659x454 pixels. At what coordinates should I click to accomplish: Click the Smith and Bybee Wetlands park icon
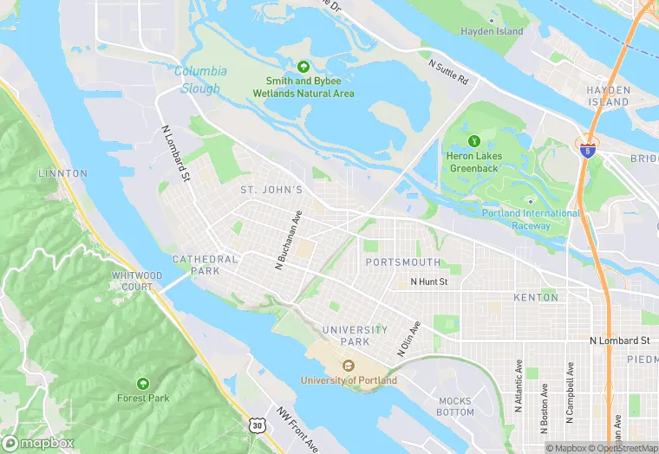(303, 66)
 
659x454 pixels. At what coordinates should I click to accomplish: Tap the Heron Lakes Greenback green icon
(473, 140)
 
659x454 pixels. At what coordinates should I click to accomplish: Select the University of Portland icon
(349, 366)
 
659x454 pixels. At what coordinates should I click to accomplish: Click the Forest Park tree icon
(141, 383)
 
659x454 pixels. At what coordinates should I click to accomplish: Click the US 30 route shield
(255, 425)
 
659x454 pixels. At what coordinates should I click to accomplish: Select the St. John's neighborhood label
(271, 190)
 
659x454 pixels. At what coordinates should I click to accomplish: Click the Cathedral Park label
(205, 264)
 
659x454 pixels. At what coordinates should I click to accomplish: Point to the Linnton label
(62, 173)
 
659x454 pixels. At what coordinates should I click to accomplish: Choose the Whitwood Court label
(137, 281)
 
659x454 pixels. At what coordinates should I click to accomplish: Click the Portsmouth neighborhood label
(402, 263)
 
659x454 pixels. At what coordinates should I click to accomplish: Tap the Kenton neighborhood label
(536, 297)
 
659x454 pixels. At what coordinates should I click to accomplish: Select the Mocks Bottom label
(455, 406)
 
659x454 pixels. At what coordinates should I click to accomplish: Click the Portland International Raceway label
(531, 219)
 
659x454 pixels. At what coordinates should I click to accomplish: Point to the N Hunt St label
(428, 282)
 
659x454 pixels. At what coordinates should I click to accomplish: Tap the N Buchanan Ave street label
(288, 240)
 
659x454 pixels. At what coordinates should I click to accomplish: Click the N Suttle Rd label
(448, 71)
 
